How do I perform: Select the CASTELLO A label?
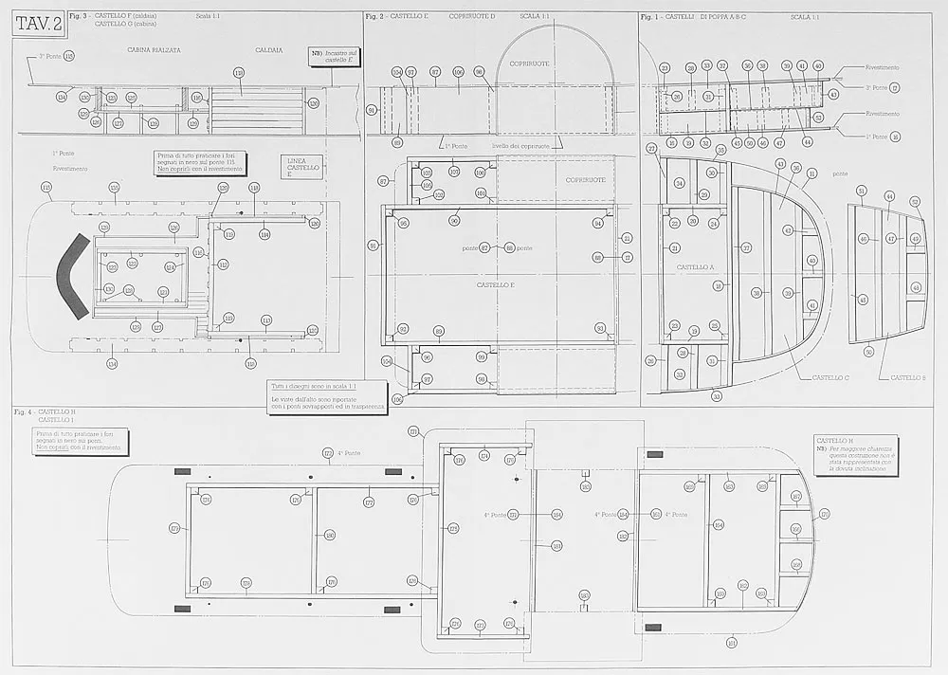[694, 267]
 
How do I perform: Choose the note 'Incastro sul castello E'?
[334, 55]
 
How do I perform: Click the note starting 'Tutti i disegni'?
[328, 397]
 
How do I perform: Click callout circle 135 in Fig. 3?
[114, 187]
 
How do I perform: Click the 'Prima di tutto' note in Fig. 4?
[81, 441]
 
